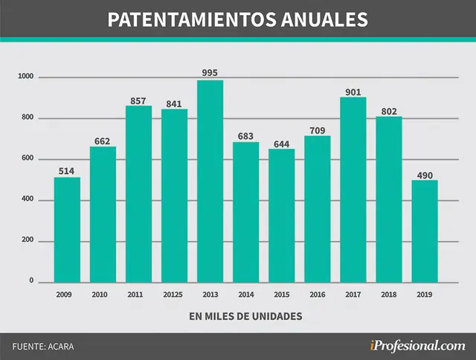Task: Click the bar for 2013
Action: click(210, 181)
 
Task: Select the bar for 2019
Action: click(425, 231)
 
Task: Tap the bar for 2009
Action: click(67, 230)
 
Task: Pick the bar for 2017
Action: click(353, 190)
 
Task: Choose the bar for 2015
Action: click(281, 216)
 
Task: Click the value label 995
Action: click(210, 73)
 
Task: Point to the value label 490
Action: click(425, 176)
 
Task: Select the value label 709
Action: click(318, 130)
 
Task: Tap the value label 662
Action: click(102, 141)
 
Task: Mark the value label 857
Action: click(138, 100)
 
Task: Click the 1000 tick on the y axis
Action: click(26, 76)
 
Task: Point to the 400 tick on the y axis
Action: click(28, 199)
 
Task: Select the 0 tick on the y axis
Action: click(31, 280)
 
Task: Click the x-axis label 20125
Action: click(173, 295)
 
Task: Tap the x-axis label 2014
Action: click(246, 295)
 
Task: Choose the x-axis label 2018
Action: click(389, 295)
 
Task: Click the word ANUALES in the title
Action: click(324, 20)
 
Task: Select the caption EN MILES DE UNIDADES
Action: click(245, 316)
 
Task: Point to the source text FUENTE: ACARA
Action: click(43, 347)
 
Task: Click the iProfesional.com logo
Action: click(417, 346)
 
